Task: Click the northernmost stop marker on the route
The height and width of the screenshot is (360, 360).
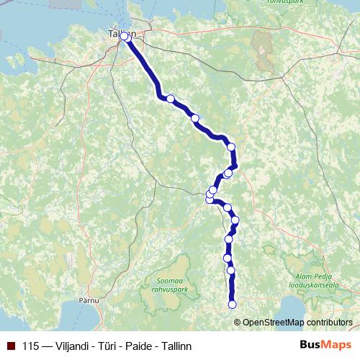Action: (x=124, y=36)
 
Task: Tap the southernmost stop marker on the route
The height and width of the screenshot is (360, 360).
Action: (x=232, y=305)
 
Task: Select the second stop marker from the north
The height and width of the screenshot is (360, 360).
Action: (x=171, y=99)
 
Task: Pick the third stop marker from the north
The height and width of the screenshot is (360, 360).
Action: (x=194, y=117)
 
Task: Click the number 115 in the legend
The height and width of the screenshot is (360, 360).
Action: (x=31, y=346)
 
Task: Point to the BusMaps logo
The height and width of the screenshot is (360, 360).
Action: (x=321, y=346)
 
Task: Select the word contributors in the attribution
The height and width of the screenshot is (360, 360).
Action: (x=329, y=322)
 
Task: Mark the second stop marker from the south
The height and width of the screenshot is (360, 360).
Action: (x=231, y=271)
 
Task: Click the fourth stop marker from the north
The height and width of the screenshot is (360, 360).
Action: (x=231, y=147)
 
